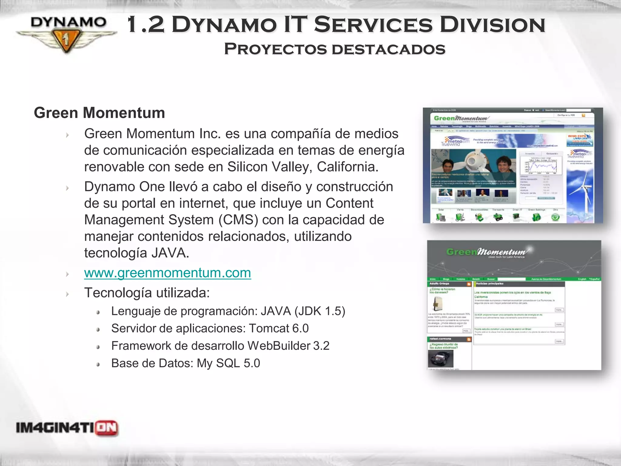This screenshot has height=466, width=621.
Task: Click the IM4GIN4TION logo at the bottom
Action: pos(67,428)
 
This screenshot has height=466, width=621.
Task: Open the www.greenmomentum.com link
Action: pos(167,273)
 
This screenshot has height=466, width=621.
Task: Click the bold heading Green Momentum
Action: pos(99,113)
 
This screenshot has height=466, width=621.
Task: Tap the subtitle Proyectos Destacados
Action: pos(334,49)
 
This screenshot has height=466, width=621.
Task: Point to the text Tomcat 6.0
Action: pos(279,328)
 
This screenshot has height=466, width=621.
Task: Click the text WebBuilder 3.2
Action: pos(288,346)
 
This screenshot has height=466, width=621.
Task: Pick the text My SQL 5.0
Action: pos(228,363)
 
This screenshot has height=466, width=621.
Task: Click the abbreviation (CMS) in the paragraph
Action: pos(238,220)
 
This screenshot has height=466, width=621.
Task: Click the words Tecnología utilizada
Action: pos(147,293)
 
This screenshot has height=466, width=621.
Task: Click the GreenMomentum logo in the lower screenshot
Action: pos(487,252)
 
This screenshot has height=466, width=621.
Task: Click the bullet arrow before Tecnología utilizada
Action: pos(67,294)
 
